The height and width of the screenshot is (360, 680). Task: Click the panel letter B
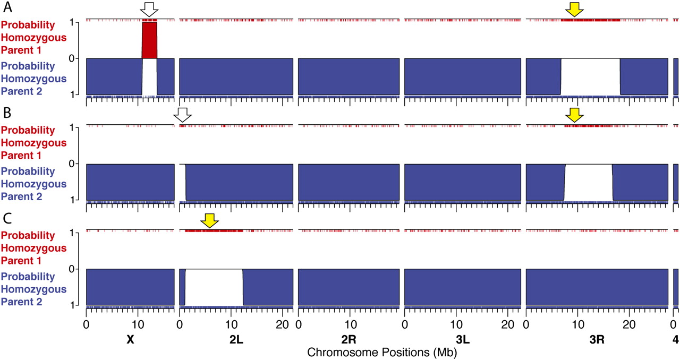click(7, 113)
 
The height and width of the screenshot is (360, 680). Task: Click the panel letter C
click(7, 218)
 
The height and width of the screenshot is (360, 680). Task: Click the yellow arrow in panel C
click(210, 220)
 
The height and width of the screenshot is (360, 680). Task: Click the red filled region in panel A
click(149, 40)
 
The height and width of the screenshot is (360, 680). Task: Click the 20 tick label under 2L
click(283, 323)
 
